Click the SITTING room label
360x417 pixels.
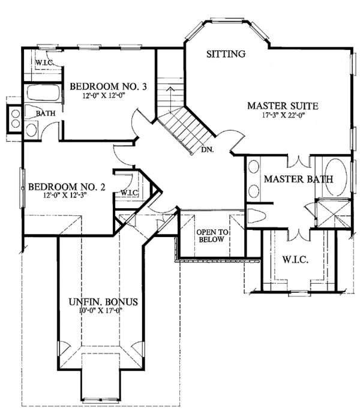(226, 54)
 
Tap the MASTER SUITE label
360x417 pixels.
(283, 106)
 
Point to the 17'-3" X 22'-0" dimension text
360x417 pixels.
(283, 115)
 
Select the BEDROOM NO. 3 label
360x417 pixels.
(108, 86)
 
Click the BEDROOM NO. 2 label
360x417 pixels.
(67, 187)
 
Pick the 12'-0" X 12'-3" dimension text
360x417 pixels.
(65, 196)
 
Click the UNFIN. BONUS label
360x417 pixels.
(103, 302)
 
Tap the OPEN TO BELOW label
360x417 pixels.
(212, 236)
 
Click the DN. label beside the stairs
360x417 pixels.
(208, 150)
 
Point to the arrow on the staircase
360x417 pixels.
(170, 100)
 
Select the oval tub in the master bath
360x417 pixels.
(336, 178)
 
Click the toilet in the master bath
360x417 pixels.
(257, 215)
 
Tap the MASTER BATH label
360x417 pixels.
(298, 179)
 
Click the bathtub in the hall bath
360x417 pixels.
(43, 92)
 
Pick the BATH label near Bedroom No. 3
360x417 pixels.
(46, 113)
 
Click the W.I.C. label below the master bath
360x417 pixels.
(295, 259)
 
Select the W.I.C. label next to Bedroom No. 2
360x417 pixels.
(130, 193)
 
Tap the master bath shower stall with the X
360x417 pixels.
(334, 214)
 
